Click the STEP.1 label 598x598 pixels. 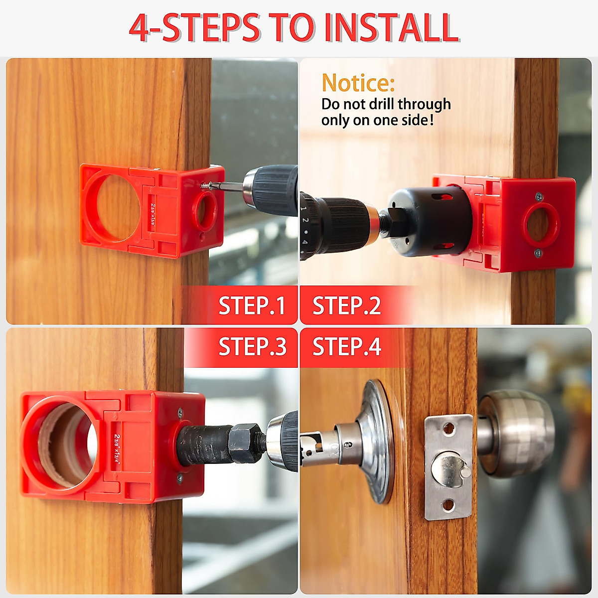[252, 305]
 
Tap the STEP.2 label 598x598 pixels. [346, 305]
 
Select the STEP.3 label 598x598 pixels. [252, 346]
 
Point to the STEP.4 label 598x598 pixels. [346, 346]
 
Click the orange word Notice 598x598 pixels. [358, 83]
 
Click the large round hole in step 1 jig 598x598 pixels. [116, 206]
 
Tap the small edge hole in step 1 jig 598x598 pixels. [206, 209]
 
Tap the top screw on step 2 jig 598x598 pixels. [539, 197]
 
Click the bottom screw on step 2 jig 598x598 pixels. [538, 253]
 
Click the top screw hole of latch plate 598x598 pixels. [449, 428]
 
